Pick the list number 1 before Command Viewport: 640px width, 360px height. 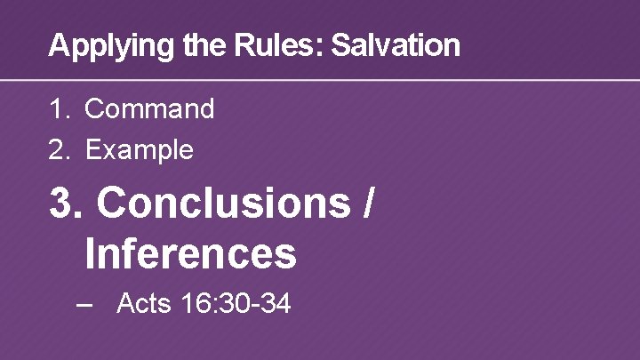pyautogui.click(x=58, y=109)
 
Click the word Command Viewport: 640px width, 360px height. pyautogui.click(x=149, y=109)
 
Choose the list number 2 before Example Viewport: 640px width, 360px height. pyautogui.click(x=58, y=149)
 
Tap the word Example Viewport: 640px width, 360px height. pyautogui.click(x=139, y=149)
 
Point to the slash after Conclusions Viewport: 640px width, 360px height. pyautogui.click(x=367, y=204)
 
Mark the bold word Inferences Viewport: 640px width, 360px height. pyautogui.click(x=190, y=253)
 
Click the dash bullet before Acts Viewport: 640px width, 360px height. pyautogui.click(x=85, y=304)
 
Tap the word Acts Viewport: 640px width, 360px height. pyautogui.click(x=144, y=304)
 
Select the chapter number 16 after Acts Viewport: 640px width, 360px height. pyautogui.click(x=197, y=304)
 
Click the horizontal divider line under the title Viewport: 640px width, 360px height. pyautogui.click(x=320, y=81)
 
